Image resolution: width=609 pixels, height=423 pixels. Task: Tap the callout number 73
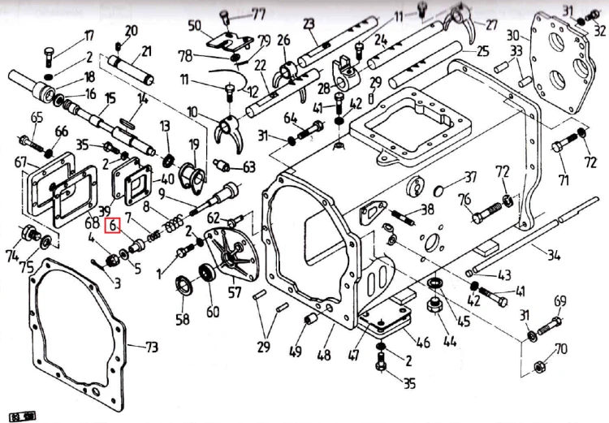[151, 348]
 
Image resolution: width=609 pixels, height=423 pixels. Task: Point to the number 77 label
[235, 14]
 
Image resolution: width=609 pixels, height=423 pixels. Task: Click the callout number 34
[553, 256]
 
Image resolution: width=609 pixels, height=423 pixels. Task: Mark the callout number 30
[512, 35]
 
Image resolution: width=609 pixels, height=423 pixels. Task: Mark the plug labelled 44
[431, 308]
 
